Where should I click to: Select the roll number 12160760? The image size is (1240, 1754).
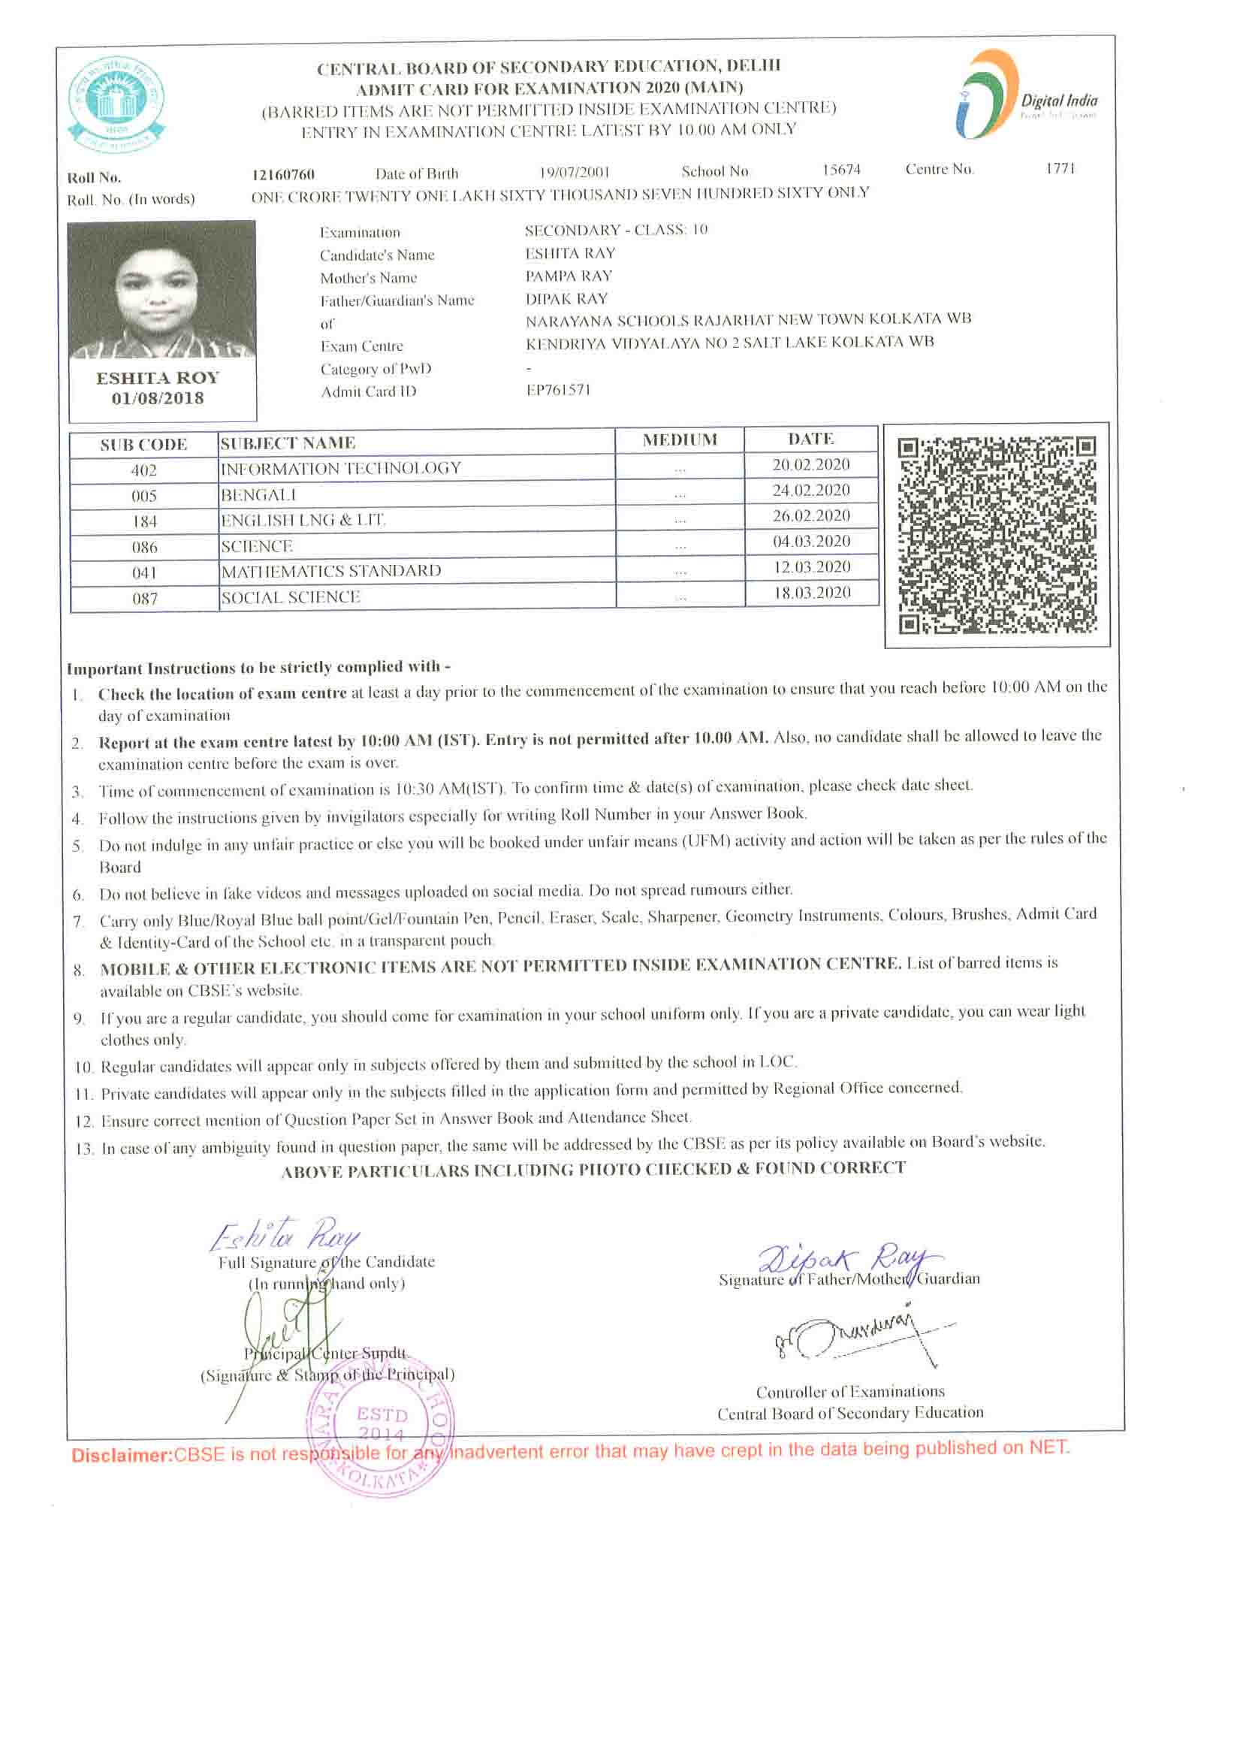(x=282, y=174)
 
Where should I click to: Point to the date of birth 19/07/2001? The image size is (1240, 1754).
(x=574, y=172)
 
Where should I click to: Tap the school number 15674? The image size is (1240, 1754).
(x=841, y=170)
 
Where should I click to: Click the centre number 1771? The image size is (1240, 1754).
(x=1060, y=168)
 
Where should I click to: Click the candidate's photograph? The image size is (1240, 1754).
(x=161, y=289)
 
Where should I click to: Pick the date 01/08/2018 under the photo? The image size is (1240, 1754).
(x=158, y=398)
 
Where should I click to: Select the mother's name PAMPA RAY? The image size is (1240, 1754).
(x=569, y=276)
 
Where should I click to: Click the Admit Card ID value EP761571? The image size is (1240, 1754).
(x=558, y=390)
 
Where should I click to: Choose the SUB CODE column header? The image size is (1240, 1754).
(x=143, y=445)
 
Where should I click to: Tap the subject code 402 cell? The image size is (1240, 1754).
(x=143, y=470)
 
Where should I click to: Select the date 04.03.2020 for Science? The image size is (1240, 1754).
(x=810, y=542)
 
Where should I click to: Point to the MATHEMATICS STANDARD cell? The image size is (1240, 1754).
(x=330, y=572)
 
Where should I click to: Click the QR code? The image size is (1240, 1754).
(x=996, y=535)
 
